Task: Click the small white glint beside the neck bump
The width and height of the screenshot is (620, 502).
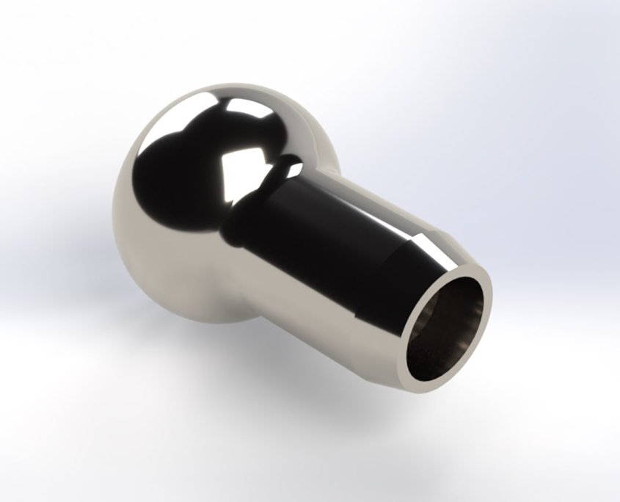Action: [297, 170]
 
